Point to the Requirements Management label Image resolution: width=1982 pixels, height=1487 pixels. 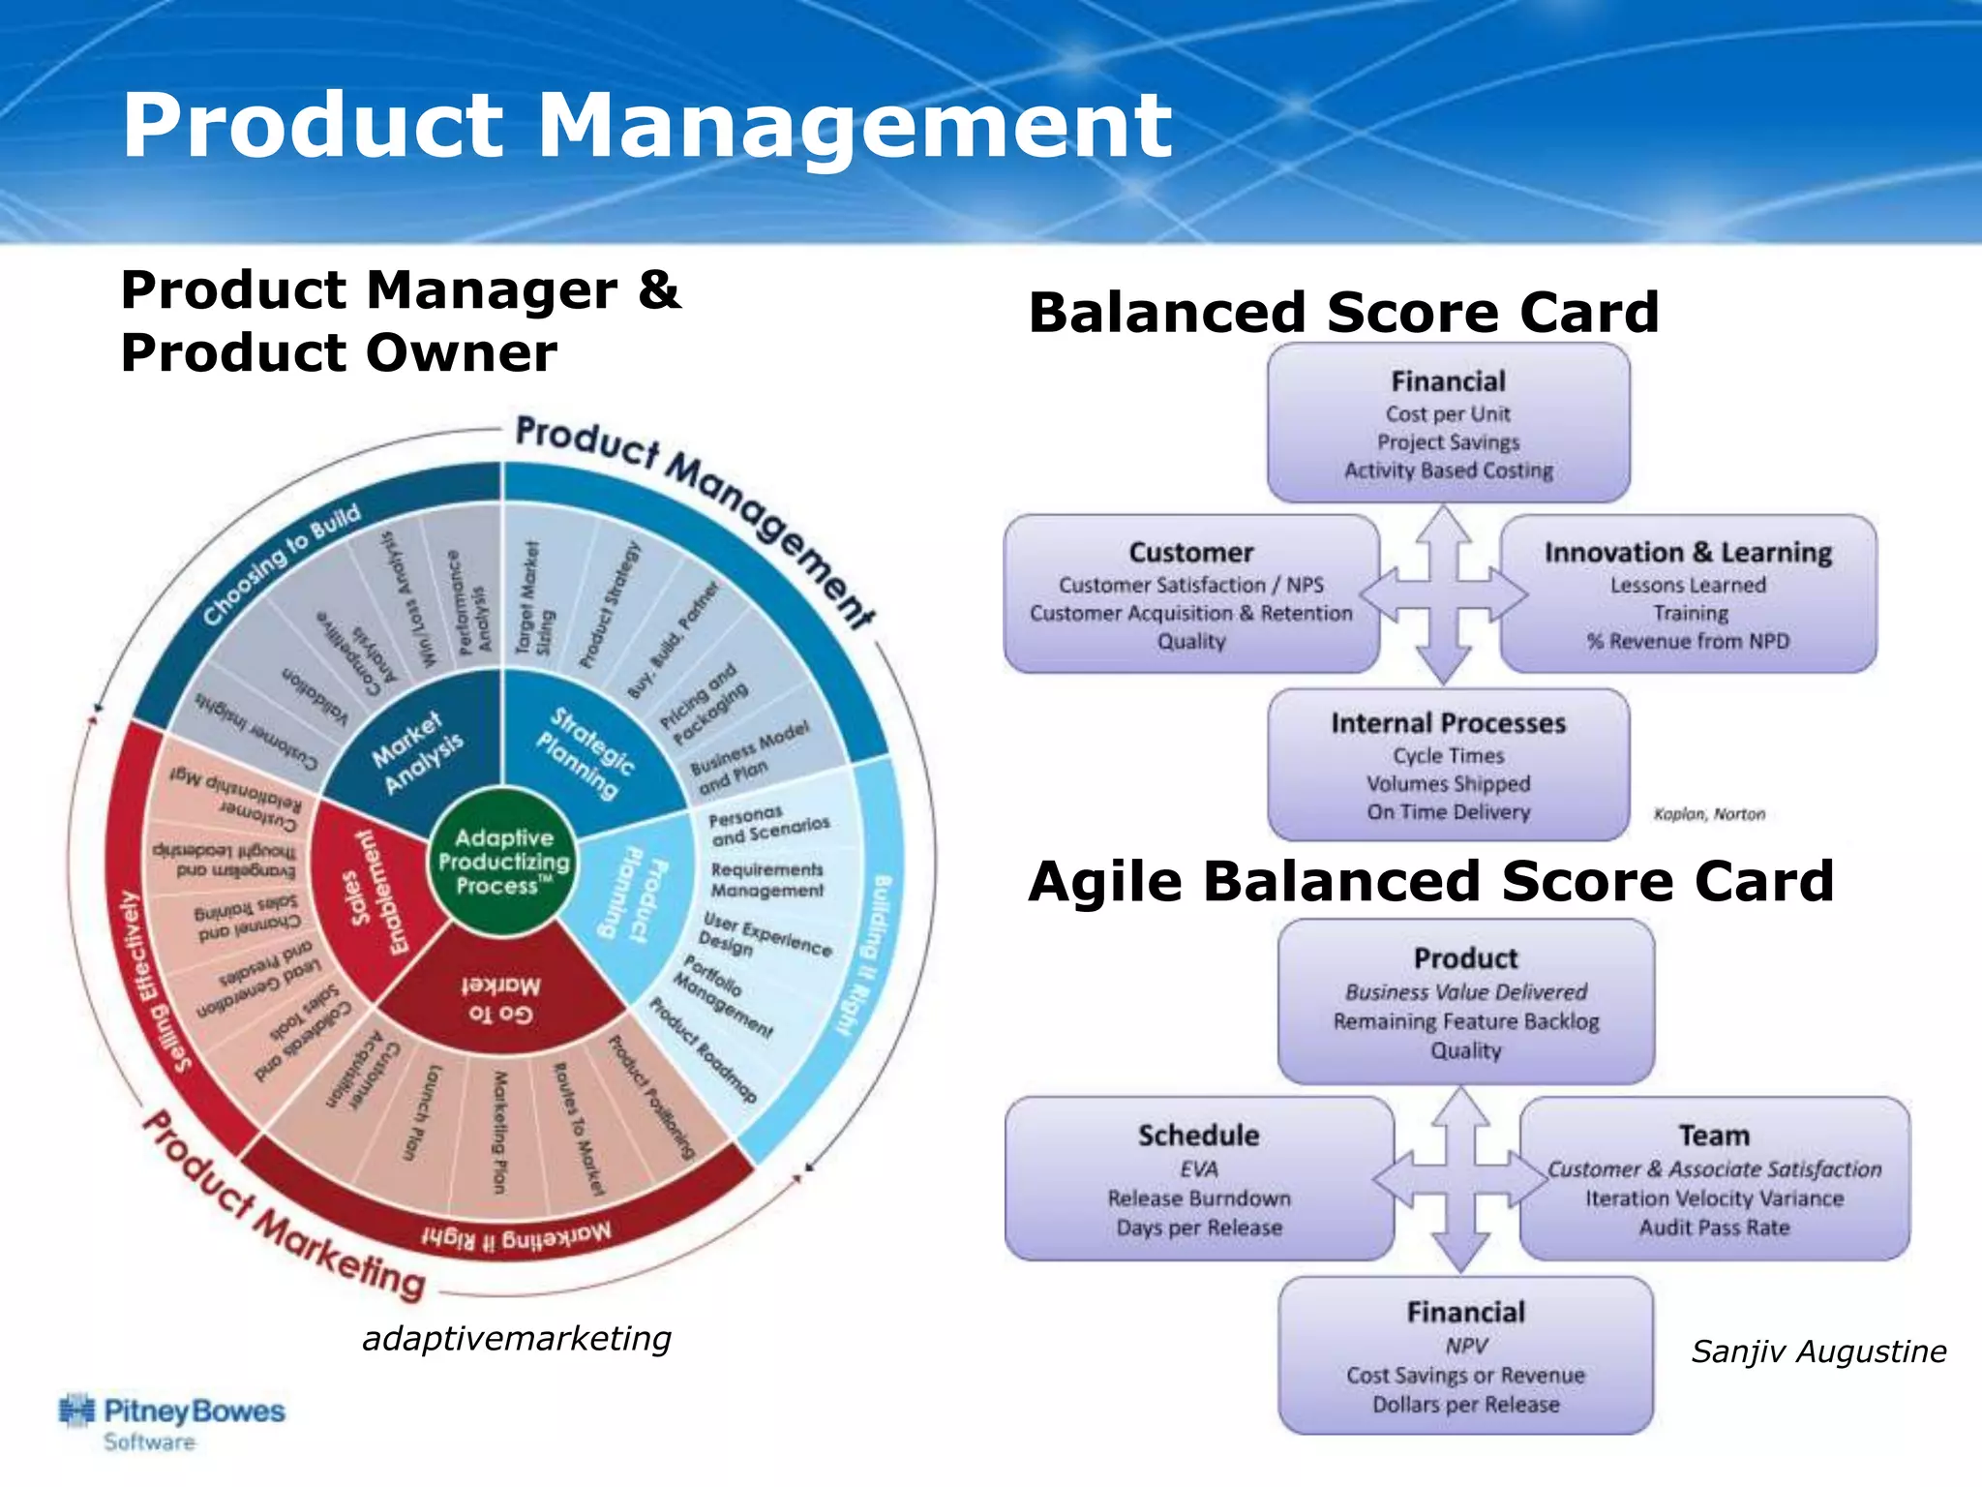[766, 880]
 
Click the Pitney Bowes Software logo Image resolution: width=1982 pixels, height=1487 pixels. [172, 1422]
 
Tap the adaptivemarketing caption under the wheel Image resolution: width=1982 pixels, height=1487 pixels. [516, 1339]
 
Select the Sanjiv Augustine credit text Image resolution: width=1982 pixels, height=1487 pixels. [1817, 1351]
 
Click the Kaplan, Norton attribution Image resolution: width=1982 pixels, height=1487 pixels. [1709, 814]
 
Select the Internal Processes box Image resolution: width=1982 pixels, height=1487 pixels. [1448, 765]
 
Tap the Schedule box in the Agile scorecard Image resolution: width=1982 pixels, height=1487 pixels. [1198, 1178]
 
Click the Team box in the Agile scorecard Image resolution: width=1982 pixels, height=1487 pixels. [1714, 1178]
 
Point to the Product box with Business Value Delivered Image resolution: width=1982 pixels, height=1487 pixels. [1465, 1001]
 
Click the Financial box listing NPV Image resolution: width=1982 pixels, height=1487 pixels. [1465, 1355]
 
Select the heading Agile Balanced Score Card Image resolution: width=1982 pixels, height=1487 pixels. [1430, 881]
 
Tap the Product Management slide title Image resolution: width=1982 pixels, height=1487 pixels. [646, 125]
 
